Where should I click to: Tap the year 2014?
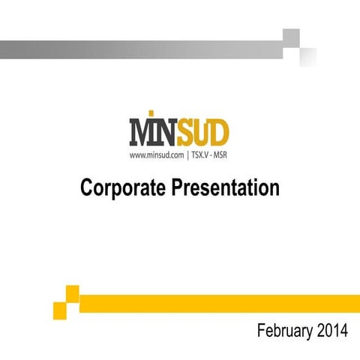click(332, 331)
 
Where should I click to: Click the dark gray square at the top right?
click(291, 37)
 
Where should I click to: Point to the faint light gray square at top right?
click(308, 57)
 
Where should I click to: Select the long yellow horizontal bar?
click(217, 302)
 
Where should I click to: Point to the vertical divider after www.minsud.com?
click(187, 156)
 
